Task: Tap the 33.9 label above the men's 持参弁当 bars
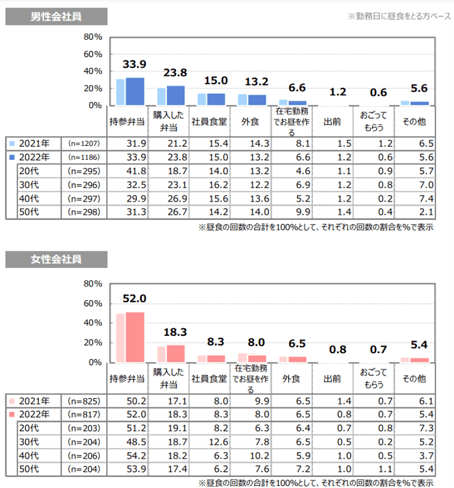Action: pyautogui.click(x=134, y=64)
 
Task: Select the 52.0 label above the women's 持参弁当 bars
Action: pyautogui.click(x=134, y=298)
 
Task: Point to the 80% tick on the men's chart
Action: pyautogui.click(x=92, y=37)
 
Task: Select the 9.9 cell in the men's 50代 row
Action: pyautogui.click(x=298, y=212)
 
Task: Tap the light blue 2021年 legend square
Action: pyautogui.click(x=12, y=143)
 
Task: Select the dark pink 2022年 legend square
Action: pyautogui.click(x=12, y=415)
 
